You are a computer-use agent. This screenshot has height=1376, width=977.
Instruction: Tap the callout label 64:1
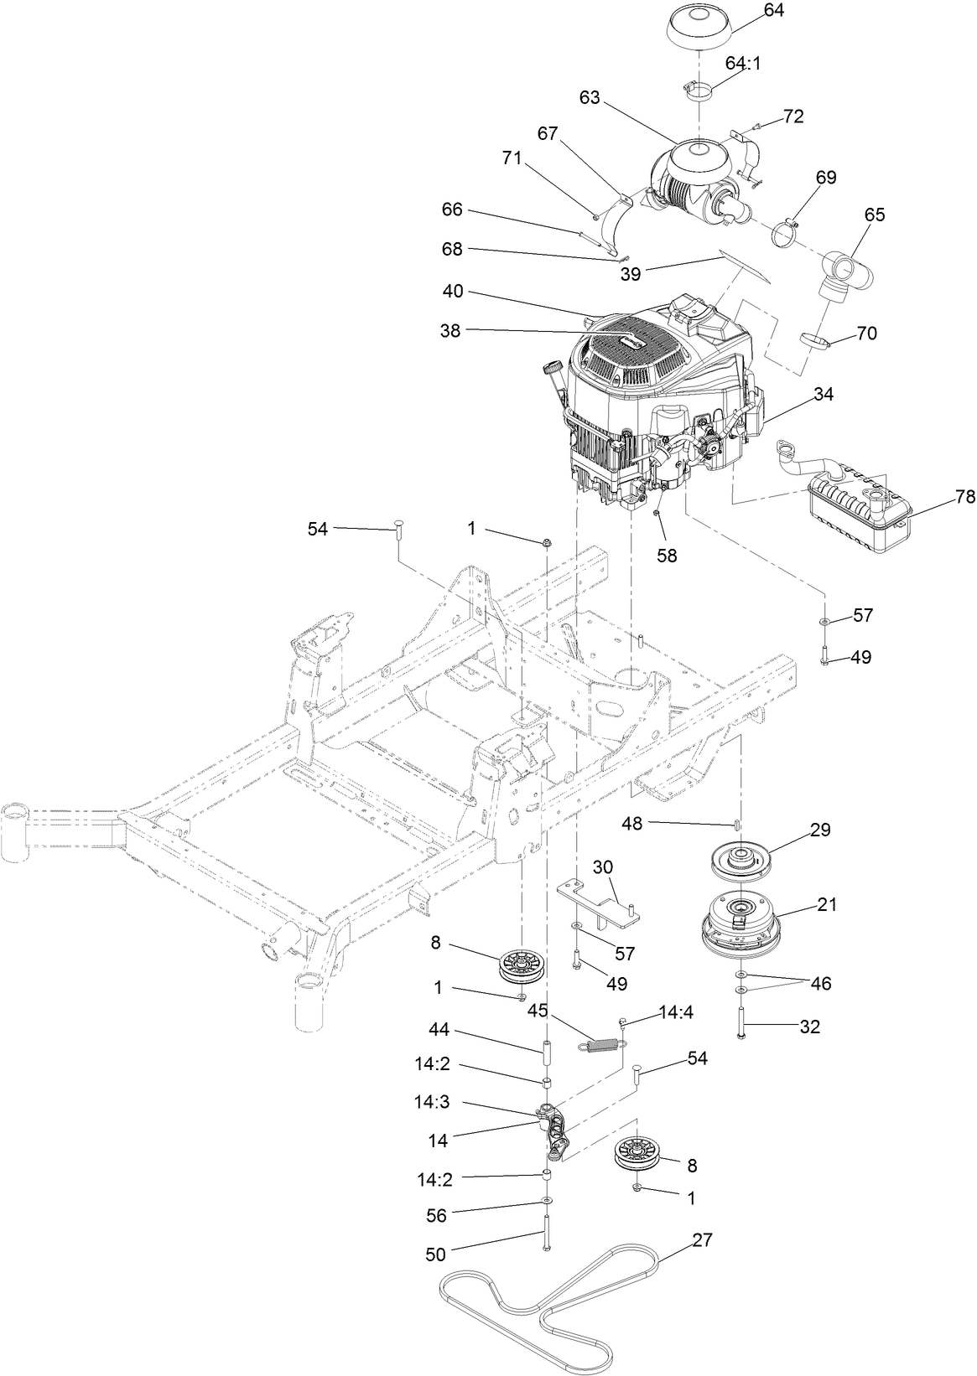743,63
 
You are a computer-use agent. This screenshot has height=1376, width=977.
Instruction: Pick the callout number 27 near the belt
703,1239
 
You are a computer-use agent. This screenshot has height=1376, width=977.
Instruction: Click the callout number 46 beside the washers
820,983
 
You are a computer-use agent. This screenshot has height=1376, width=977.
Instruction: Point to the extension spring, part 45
601,1045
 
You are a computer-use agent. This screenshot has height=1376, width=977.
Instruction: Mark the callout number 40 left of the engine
453,292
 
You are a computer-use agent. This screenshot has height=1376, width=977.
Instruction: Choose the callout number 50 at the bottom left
436,1254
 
